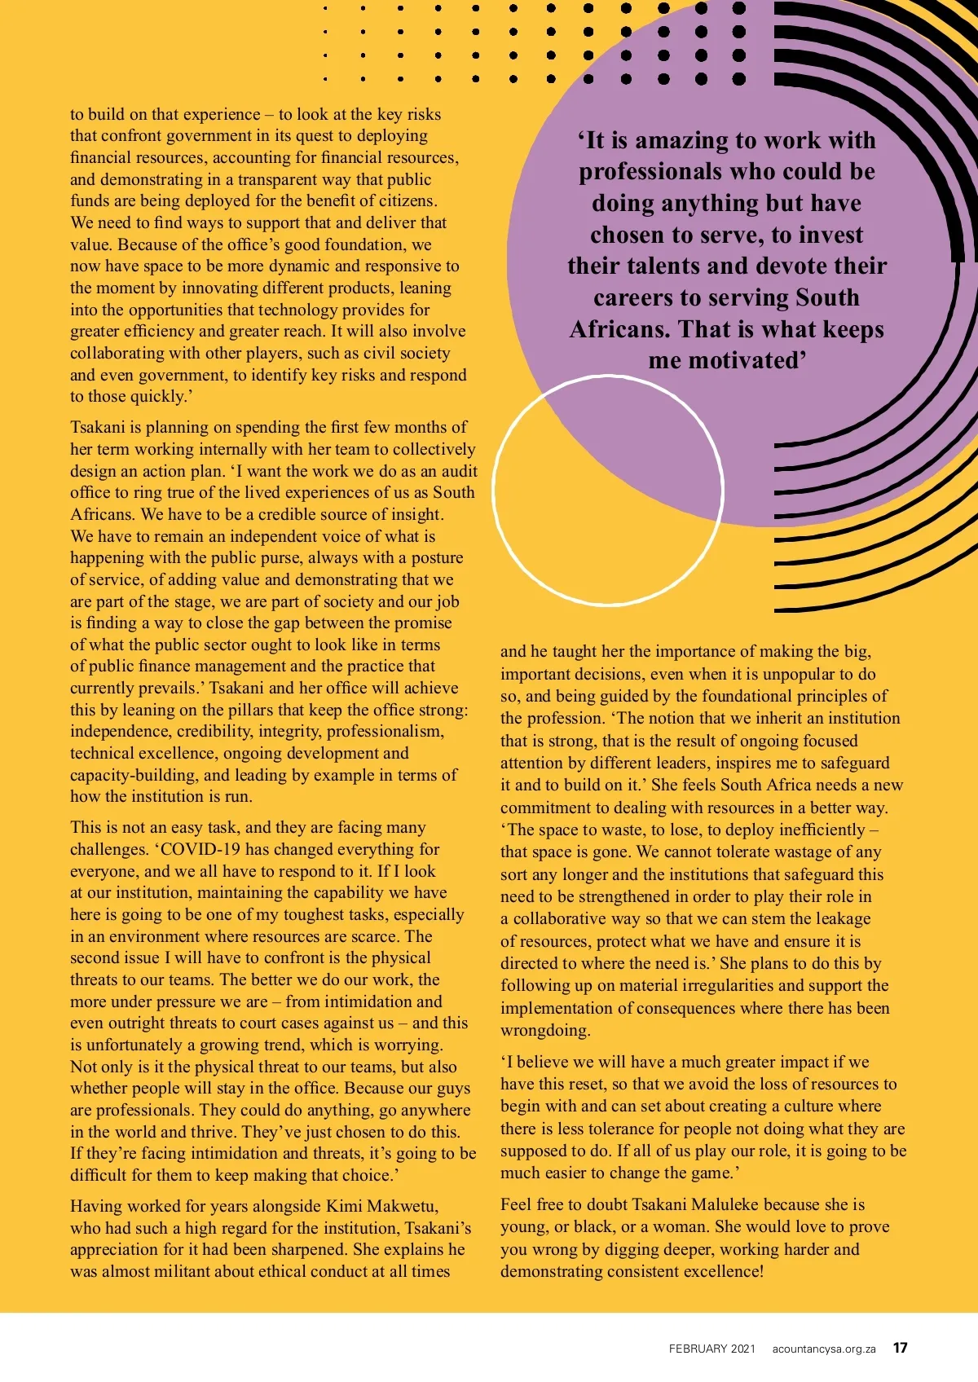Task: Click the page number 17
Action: click(x=900, y=1348)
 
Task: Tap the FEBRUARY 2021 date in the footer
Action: click(x=712, y=1349)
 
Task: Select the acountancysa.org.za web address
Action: click(x=824, y=1349)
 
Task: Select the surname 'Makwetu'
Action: click(x=403, y=1206)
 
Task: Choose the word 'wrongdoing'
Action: click(x=544, y=1030)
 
